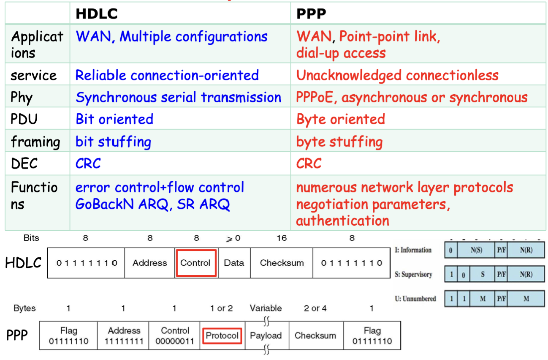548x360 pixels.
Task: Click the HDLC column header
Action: coord(97,14)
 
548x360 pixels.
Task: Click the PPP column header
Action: coord(311,14)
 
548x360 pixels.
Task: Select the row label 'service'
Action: coord(33,75)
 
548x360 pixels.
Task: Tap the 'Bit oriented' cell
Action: coord(114,119)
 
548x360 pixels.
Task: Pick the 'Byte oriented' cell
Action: coord(341,119)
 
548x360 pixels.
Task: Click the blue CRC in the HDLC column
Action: coord(88,164)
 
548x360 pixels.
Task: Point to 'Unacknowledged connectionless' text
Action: coord(397,75)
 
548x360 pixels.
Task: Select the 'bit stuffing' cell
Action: coord(113,142)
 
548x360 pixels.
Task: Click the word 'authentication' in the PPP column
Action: coord(342,221)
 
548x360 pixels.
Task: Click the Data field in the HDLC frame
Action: coord(234,263)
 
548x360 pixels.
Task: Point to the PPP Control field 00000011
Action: coord(174,335)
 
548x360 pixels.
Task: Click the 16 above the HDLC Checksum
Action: coord(282,238)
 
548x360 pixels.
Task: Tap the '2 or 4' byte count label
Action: coord(315,308)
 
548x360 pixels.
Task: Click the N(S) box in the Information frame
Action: coord(476,250)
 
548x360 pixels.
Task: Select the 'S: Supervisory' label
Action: coord(413,274)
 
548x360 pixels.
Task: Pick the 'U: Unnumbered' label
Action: coord(415,299)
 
